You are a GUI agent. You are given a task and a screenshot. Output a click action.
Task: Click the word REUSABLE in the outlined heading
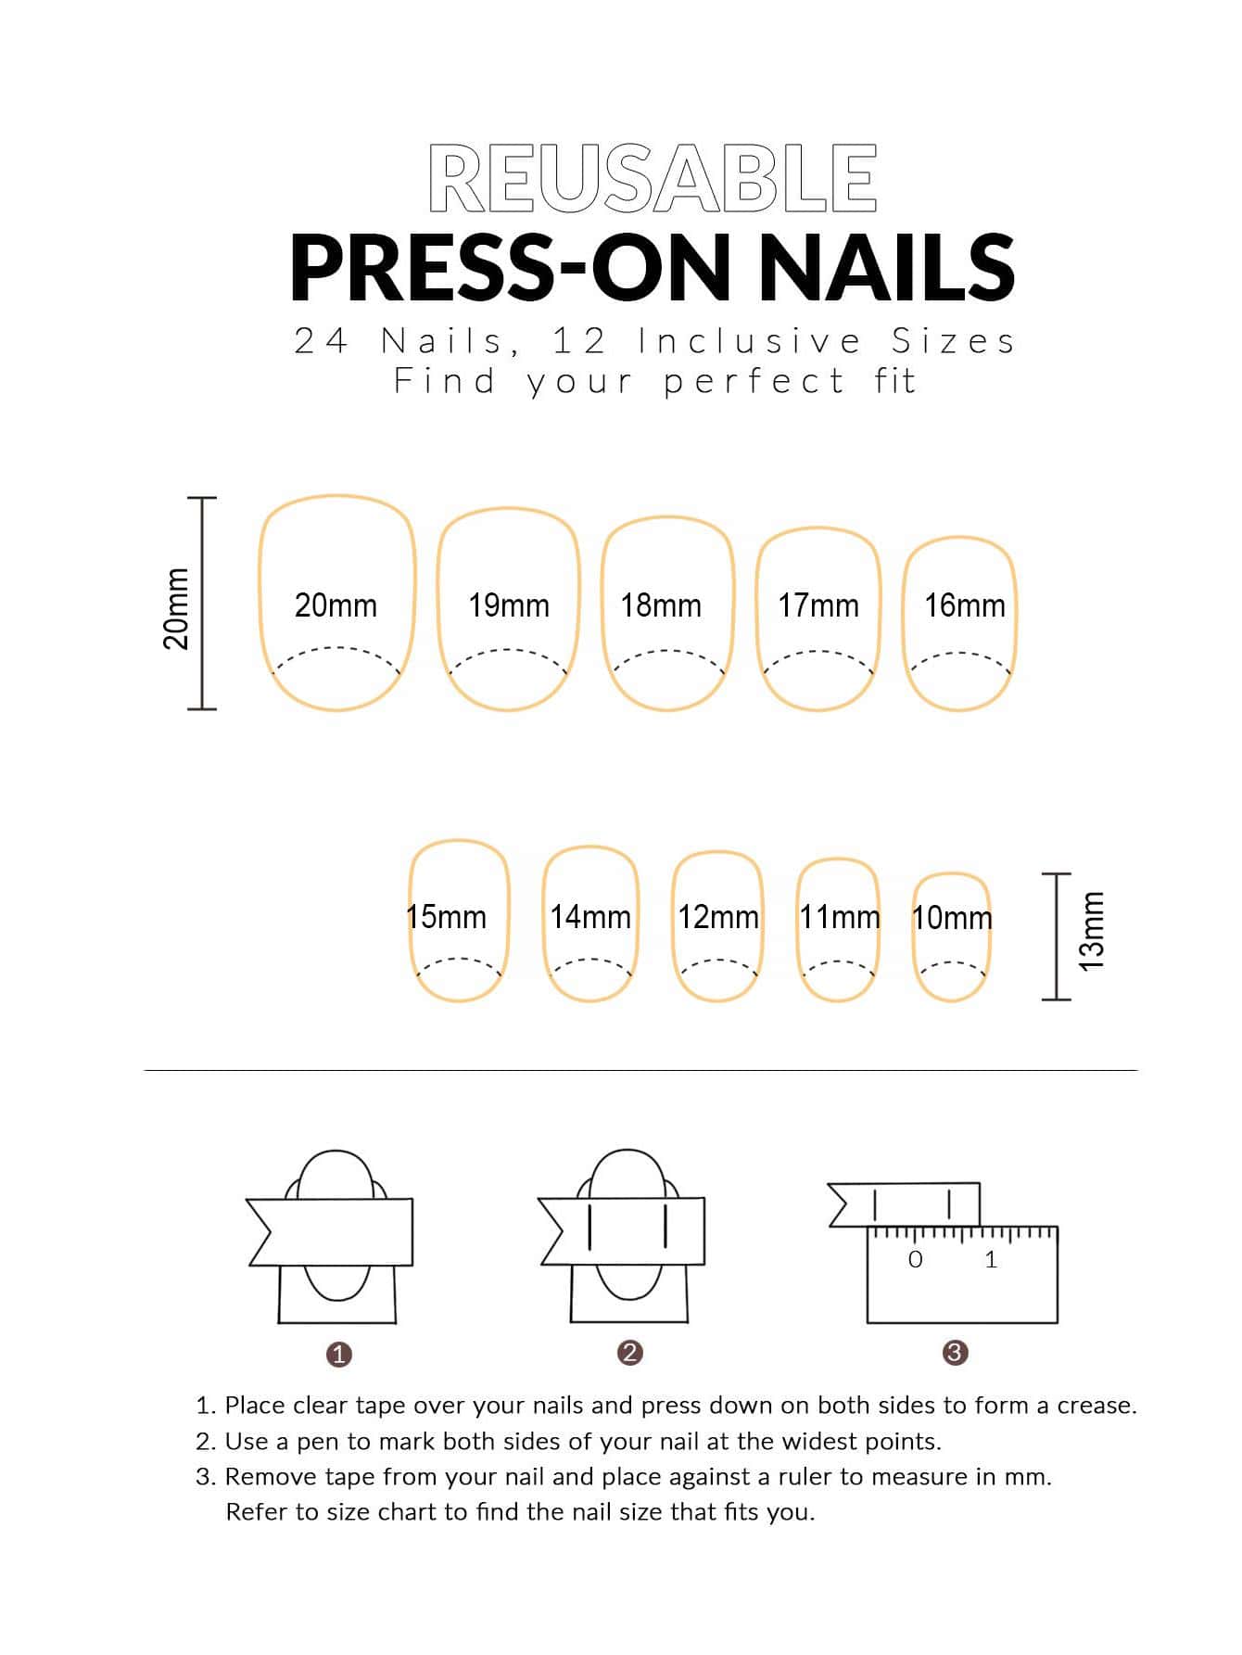coord(653,179)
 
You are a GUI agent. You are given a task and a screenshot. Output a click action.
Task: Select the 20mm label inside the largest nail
coord(336,605)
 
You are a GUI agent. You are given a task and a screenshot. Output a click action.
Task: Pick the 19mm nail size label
coord(509,605)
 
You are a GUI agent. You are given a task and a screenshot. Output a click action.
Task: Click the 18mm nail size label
coord(661,605)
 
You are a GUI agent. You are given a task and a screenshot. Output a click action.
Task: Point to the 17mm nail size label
coord(818,605)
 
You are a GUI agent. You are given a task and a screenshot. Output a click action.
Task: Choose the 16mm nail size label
coord(965,605)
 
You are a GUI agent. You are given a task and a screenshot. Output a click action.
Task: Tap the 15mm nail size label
coord(446,917)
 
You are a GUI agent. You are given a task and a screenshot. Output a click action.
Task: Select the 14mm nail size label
coord(590,917)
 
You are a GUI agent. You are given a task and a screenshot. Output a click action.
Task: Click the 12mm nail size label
coord(718,917)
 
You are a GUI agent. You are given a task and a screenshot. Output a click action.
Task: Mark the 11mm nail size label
coord(840,917)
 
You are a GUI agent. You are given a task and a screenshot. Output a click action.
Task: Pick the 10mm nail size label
coord(952,918)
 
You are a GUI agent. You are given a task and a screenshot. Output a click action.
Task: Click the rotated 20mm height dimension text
coord(176,608)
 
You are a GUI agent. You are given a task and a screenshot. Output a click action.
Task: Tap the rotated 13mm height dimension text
coord(1093,931)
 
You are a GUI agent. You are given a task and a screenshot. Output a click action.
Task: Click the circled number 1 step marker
coord(339,1355)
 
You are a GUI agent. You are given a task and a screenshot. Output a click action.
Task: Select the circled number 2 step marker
coord(629,1353)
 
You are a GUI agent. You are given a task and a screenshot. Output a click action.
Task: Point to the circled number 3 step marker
coord(955,1353)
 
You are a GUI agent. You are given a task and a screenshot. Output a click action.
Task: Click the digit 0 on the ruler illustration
coord(916,1259)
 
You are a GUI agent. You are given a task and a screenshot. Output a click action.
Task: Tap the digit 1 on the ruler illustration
coord(991,1259)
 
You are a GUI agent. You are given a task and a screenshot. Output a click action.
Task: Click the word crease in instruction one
coord(1096,1406)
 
